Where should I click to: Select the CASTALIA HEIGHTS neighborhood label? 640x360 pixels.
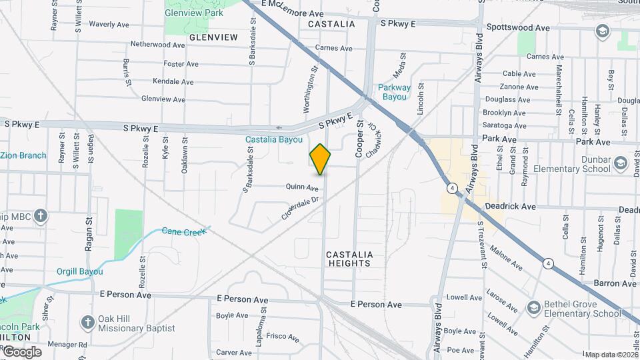[x=349, y=259]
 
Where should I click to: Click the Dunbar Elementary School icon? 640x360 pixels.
[x=621, y=163]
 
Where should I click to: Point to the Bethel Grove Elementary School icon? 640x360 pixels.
[x=533, y=307]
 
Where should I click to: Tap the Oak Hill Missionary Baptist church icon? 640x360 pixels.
[x=87, y=323]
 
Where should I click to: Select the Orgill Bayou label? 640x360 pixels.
[x=79, y=271]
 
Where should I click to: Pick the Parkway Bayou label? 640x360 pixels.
[x=393, y=92]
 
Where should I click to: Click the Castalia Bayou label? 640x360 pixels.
[x=273, y=140]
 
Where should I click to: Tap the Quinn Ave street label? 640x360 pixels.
[x=302, y=188]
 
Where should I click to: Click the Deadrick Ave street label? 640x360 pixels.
[x=511, y=207]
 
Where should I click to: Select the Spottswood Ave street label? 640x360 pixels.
[x=518, y=28]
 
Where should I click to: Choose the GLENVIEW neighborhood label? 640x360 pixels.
[x=213, y=37]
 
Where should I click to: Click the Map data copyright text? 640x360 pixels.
[x=611, y=355]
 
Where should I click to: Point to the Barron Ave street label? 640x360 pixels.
[x=596, y=283]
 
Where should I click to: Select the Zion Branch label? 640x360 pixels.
[x=23, y=155]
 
